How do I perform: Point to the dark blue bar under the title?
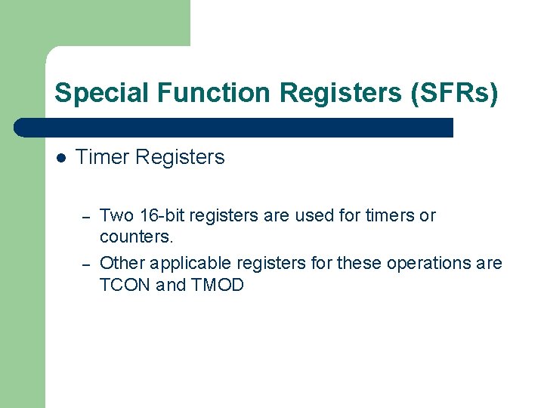click(x=234, y=128)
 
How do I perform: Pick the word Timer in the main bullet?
click(x=101, y=157)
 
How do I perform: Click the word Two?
click(x=116, y=216)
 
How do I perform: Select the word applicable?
click(x=191, y=263)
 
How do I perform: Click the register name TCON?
click(x=125, y=285)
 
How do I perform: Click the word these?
click(x=359, y=263)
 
